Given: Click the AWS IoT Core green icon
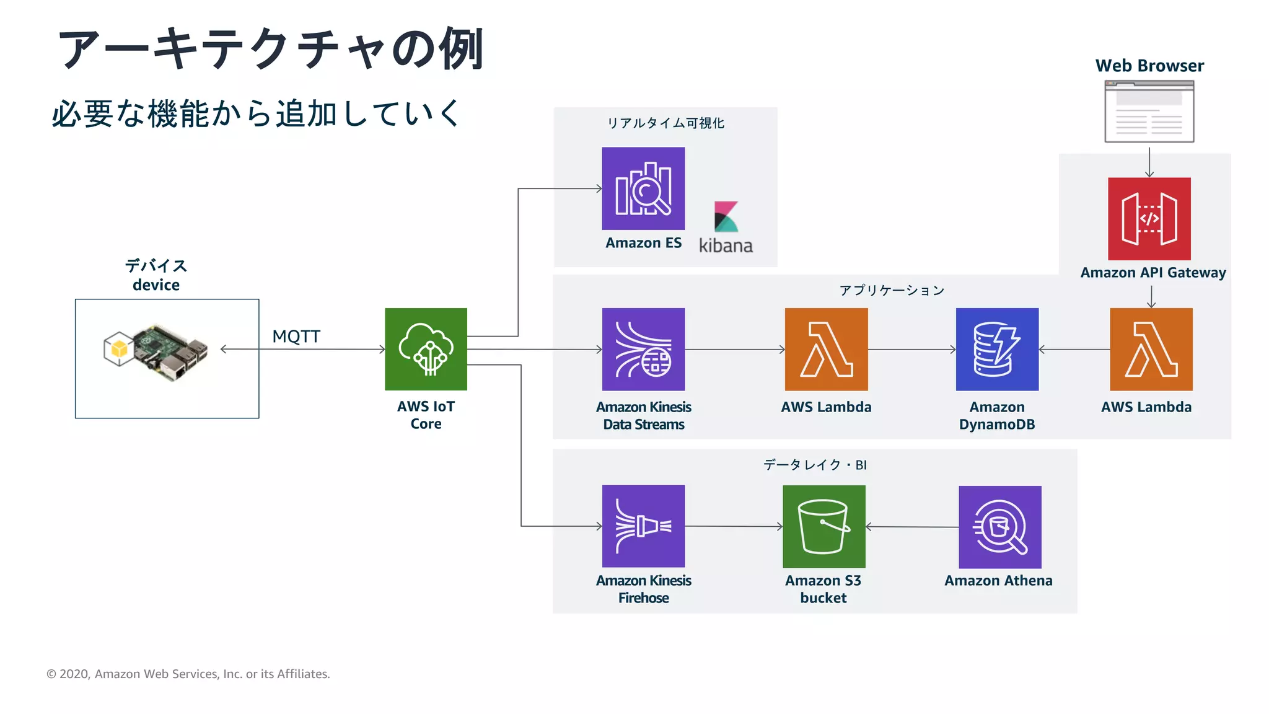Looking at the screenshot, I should click(x=426, y=349).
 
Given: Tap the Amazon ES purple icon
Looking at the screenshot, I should click(x=643, y=188).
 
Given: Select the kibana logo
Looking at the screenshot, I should click(x=726, y=227).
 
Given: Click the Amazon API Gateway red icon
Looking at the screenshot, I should click(x=1149, y=219).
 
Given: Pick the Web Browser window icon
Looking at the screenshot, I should click(x=1149, y=112).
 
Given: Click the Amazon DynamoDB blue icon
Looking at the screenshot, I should click(x=997, y=349).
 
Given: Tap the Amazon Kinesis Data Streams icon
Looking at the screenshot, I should click(x=643, y=349).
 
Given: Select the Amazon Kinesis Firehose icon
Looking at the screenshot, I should click(x=643, y=526).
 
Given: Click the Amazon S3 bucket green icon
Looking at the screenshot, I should click(x=823, y=526).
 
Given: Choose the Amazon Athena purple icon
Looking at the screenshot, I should click(x=999, y=527).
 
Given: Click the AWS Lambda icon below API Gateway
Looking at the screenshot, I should click(x=1151, y=349).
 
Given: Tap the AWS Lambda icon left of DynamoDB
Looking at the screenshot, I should click(x=826, y=349).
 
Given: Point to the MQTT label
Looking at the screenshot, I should click(x=296, y=337).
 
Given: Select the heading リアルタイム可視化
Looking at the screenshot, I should click(x=665, y=123).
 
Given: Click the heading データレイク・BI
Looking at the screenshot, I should click(x=814, y=465).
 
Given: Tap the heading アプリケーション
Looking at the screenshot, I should click(x=891, y=291).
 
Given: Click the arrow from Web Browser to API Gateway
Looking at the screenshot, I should click(x=1149, y=162).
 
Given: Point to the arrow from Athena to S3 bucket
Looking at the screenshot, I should click(x=911, y=527).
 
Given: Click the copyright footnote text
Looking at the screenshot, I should click(x=188, y=674).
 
